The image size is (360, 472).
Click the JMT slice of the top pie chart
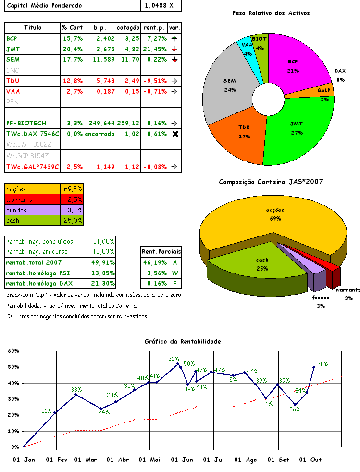[x=298, y=135]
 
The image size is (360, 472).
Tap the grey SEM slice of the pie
[x=226, y=87]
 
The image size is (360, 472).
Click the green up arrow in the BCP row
[x=174, y=38]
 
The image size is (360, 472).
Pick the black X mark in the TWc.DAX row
[x=175, y=134]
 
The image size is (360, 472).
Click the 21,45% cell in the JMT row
[x=154, y=49]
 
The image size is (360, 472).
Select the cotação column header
[x=128, y=27]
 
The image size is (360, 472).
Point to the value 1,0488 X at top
[x=161, y=5]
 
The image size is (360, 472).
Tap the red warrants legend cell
[x=32, y=199]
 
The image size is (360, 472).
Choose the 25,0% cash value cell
[x=72, y=221]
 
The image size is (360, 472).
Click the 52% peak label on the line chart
[x=174, y=359]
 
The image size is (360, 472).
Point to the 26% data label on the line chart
[x=295, y=410]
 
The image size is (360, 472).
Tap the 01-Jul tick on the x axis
[x=213, y=460]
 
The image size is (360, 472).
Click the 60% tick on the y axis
[x=13, y=351]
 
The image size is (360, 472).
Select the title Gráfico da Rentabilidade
[x=183, y=341]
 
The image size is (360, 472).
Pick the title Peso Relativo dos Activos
[x=271, y=13]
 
